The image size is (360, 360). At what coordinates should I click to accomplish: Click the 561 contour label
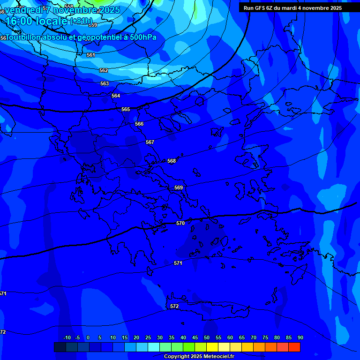pos(91,55)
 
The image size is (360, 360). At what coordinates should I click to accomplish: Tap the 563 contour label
pos(105,83)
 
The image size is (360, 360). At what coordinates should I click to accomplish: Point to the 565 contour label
pos(126,109)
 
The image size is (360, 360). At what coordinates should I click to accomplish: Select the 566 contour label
pos(139,124)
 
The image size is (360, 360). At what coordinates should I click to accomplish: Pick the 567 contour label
pos(150,142)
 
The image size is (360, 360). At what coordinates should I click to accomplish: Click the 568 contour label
pos(172,161)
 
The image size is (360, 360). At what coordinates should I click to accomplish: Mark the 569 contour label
pos(179,187)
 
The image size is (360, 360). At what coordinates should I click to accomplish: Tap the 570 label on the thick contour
pos(180,223)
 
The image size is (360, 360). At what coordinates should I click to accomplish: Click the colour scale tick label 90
pos(300,337)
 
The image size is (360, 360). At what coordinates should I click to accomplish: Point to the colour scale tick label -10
pos(67,337)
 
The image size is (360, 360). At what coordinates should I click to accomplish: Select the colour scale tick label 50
pos(207,337)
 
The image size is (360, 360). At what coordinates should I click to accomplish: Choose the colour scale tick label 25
pos(148,337)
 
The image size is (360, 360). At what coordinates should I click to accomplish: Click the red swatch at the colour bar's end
pos(294,347)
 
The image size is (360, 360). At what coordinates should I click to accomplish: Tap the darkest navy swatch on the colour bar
pos(60,347)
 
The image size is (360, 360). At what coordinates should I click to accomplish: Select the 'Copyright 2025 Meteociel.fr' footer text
pos(199,356)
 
